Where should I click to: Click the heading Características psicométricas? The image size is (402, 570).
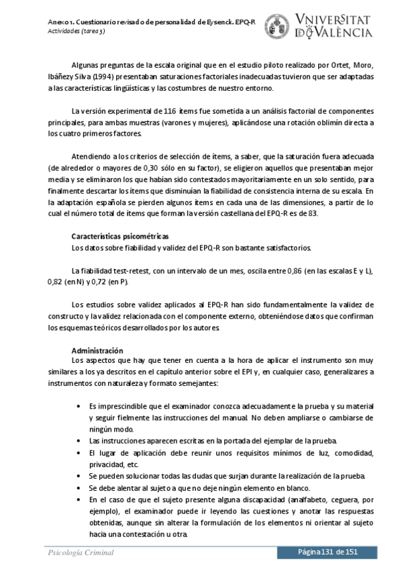[119, 237]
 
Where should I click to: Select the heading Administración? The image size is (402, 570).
[97, 351]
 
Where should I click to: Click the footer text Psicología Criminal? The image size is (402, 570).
[81, 553]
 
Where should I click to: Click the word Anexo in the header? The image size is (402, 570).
[60, 22]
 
